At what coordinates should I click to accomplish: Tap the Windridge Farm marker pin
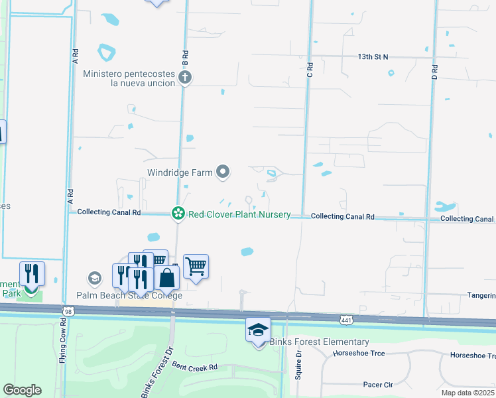tap(223, 173)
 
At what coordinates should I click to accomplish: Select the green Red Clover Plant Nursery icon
tap(178, 213)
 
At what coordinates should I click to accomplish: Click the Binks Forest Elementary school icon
tap(258, 328)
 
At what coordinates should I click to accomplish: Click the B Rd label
tap(186, 56)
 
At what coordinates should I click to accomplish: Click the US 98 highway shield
tap(68, 310)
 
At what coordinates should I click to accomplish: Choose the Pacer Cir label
tap(379, 385)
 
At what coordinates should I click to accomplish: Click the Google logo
tap(22, 390)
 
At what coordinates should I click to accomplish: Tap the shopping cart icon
tap(196, 267)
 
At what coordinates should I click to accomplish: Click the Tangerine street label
tap(481, 295)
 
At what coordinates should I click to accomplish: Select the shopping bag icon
tap(167, 279)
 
